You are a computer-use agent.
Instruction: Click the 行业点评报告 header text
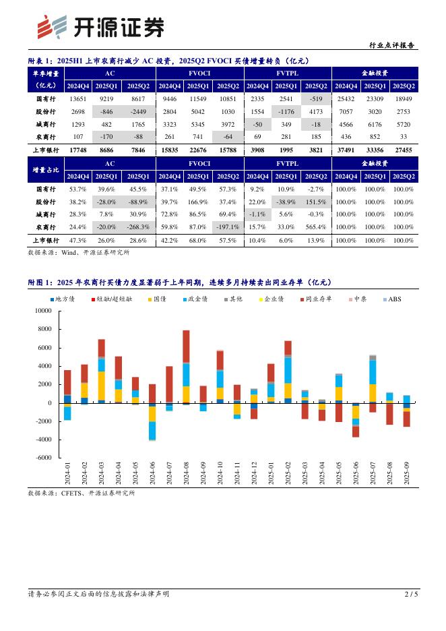[x=393, y=46]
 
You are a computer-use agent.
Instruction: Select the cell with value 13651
[x=77, y=98]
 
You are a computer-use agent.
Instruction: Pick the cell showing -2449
[x=138, y=111]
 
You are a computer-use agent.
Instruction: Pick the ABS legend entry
[x=393, y=299]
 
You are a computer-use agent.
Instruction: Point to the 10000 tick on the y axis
[x=42, y=311]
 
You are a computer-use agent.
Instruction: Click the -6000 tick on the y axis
[x=42, y=458]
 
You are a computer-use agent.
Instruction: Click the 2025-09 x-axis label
[x=407, y=475]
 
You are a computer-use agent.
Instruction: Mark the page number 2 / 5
[x=410, y=594]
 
